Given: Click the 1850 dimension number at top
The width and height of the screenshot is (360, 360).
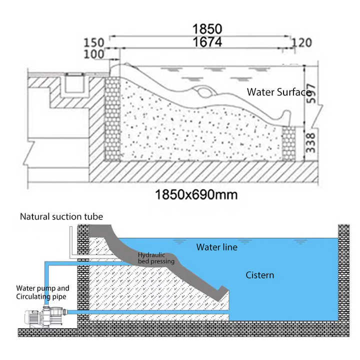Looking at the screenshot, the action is coord(207,29).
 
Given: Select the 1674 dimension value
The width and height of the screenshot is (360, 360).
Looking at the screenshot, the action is coord(207,42).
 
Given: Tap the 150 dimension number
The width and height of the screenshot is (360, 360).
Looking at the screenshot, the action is coord(93,42).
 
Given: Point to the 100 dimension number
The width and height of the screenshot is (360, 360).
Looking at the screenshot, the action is coord(93,54).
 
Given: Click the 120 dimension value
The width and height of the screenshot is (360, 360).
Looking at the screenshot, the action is coord(301,42).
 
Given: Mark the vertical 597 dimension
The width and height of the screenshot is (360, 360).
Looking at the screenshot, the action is coord(311,93).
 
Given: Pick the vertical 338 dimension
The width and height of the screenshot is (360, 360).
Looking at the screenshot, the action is coord(310,143).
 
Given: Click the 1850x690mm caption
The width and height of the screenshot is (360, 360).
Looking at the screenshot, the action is coord(196,194).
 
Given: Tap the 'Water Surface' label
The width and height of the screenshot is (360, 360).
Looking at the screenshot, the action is coord(278,92).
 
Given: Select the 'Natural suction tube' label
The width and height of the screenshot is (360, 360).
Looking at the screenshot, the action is coord(61,216).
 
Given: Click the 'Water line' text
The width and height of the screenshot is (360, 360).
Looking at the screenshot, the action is coord(216,247).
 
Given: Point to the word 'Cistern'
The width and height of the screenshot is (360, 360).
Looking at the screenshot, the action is coord(259,275).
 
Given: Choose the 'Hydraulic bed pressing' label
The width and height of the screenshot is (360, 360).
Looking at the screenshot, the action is coord(156,258).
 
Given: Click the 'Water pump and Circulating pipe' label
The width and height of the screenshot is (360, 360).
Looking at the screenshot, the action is coord(42,292).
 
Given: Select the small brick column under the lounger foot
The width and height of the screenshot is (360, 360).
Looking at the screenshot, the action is coord(288,143).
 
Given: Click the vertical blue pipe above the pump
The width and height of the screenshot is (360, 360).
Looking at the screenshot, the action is coord(46,284).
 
